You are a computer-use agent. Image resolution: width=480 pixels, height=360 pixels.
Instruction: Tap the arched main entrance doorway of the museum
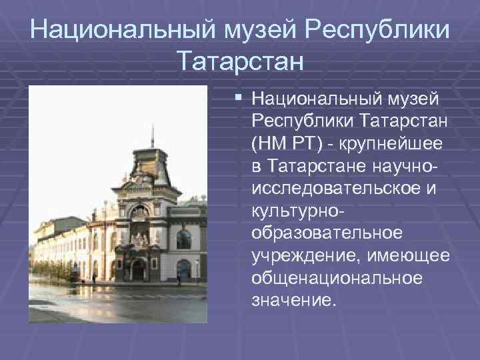pyautogui.click(x=139, y=269)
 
